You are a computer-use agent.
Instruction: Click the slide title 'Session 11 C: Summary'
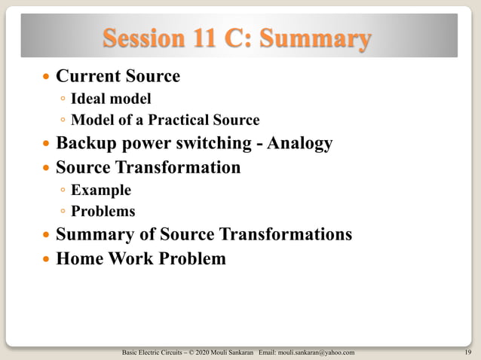pos(237,38)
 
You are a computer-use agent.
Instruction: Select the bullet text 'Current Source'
pos(118,76)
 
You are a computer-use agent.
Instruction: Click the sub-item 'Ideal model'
pos(111,99)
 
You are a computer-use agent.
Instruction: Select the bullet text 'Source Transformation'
pos(148,166)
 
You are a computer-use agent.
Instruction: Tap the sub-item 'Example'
pos(100,190)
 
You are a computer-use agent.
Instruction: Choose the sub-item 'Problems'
pos(103,212)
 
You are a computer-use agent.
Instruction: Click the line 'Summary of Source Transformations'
pos(204,235)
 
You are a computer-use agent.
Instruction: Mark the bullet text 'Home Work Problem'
pos(140,259)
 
